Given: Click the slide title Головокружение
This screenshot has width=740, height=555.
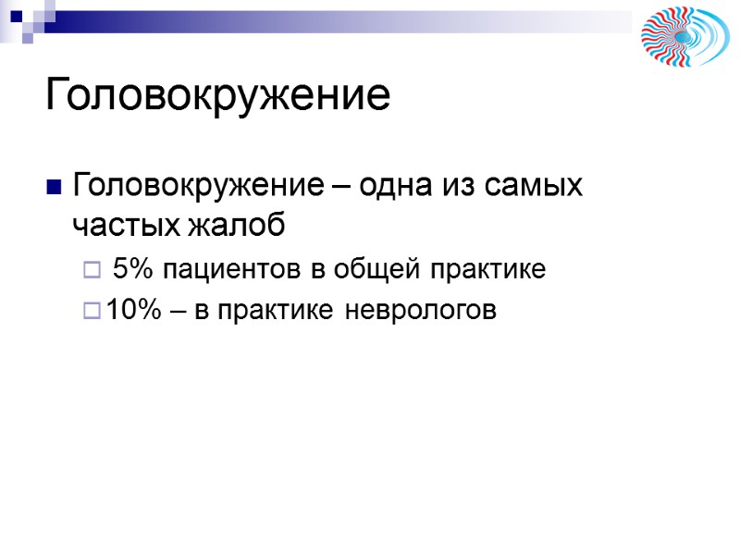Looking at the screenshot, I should pos(218,96).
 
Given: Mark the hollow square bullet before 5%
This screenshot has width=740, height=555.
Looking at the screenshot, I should pos(90,271).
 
